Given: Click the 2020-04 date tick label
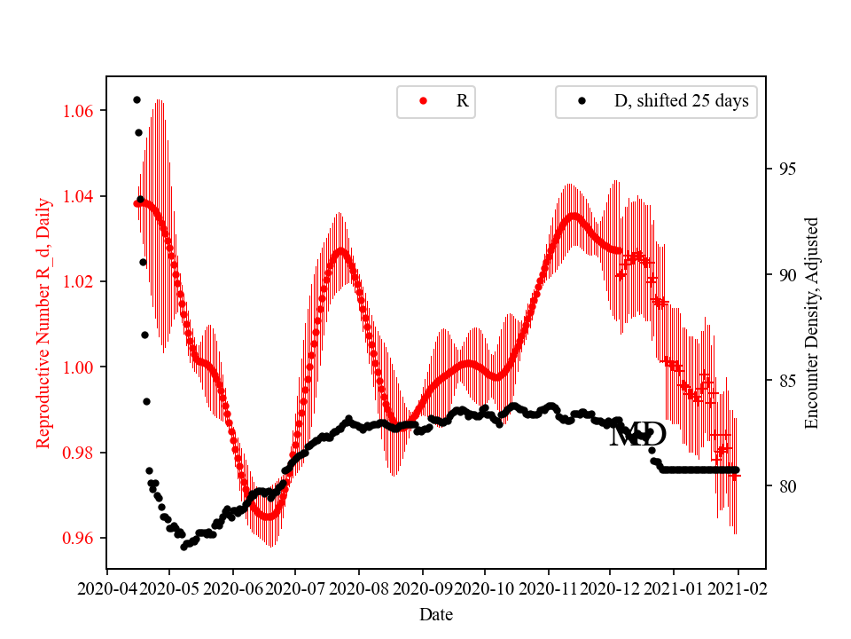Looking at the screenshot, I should click(107, 588).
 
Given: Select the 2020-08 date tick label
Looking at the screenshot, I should click(359, 588).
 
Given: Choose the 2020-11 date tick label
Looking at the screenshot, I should click(548, 588).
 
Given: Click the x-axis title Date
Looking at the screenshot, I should click(436, 613).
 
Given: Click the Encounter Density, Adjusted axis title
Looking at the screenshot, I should click(811, 323).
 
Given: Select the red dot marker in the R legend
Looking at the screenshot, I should click(423, 101).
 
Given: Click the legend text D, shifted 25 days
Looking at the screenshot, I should click(681, 101).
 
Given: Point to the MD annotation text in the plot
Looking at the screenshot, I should click(638, 435).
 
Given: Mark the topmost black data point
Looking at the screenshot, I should click(137, 99).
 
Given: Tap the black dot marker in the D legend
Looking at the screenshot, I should click(582, 101).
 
